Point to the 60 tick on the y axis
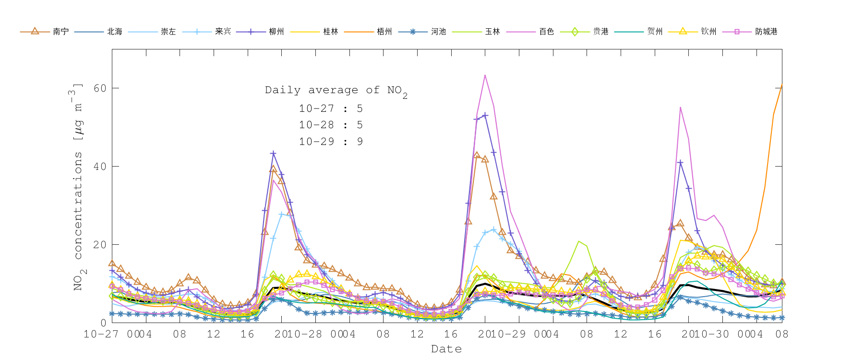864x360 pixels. pyautogui.click(x=100, y=88)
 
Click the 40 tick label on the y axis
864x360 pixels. pyautogui.click(x=100, y=167)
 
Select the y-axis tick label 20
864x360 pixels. pyautogui.click(x=100, y=245)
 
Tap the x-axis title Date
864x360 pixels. pyautogui.click(x=446, y=349)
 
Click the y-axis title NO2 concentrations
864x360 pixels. pyautogui.click(x=78, y=187)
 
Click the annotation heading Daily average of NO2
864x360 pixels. pyautogui.click(x=336, y=90)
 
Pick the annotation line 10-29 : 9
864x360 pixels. pyautogui.click(x=331, y=142)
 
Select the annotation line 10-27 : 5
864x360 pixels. pyautogui.click(x=331, y=109)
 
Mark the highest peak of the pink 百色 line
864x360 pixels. pyautogui.click(x=485, y=75)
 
